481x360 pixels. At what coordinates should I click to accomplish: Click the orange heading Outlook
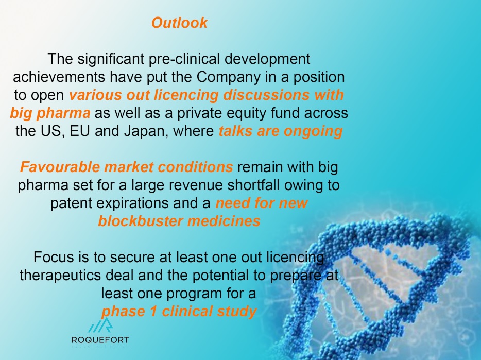pyautogui.click(x=179, y=23)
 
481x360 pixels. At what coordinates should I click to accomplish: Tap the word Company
pyautogui.click(x=230, y=77)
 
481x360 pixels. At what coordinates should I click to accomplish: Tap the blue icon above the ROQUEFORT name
pyautogui.click(x=100, y=325)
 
